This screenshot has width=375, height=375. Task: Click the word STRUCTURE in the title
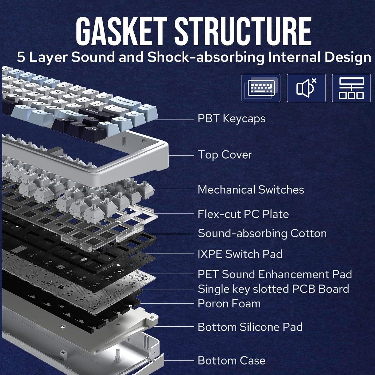click(243, 32)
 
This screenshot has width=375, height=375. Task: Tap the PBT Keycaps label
click(231, 119)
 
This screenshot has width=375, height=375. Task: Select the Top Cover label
click(225, 155)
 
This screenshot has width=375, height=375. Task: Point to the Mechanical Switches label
click(251, 190)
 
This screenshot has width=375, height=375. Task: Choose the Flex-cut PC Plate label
click(243, 214)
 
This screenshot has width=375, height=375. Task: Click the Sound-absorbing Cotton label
click(262, 233)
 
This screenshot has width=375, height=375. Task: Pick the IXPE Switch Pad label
click(240, 254)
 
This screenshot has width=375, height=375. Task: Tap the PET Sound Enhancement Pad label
click(275, 274)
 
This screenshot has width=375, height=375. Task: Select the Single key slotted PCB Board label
click(273, 289)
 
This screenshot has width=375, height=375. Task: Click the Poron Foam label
click(229, 304)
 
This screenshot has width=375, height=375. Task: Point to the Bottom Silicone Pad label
click(250, 327)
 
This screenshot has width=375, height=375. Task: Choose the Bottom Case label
click(231, 361)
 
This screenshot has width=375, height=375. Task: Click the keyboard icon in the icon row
click(261, 88)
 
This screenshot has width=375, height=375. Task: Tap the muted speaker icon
click(306, 88)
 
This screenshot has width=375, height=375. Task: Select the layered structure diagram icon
click(351, 88)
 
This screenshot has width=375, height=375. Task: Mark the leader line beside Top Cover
click(181, 156)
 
